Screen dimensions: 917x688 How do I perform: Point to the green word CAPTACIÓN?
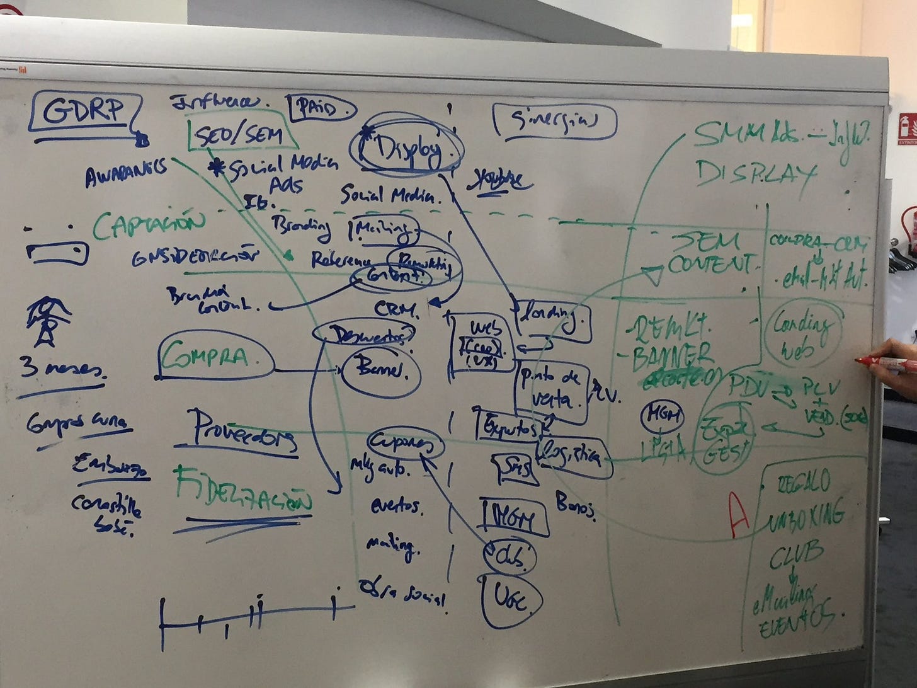pyautogui.click(x=149, y=225)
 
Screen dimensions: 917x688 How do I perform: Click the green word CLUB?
pyautogui.click(x=795, y=554)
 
